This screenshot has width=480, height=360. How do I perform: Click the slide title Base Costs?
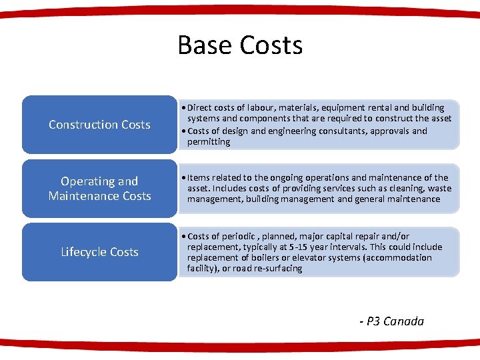[x=240, y=45]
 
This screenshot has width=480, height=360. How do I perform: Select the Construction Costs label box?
[x=100, y=125]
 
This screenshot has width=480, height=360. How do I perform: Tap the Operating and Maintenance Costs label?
[x=100, y=189]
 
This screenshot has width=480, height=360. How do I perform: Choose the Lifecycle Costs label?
[x=100, y=252]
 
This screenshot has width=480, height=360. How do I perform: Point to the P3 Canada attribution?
[x=392, y=321]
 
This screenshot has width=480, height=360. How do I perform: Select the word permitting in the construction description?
[x=209, y=142]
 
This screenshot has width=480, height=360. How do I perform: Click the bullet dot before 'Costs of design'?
[x=183, y=131]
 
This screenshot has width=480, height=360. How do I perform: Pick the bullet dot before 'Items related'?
[x=183, y=177]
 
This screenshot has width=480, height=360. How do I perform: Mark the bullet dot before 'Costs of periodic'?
[x=183, y=236]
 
